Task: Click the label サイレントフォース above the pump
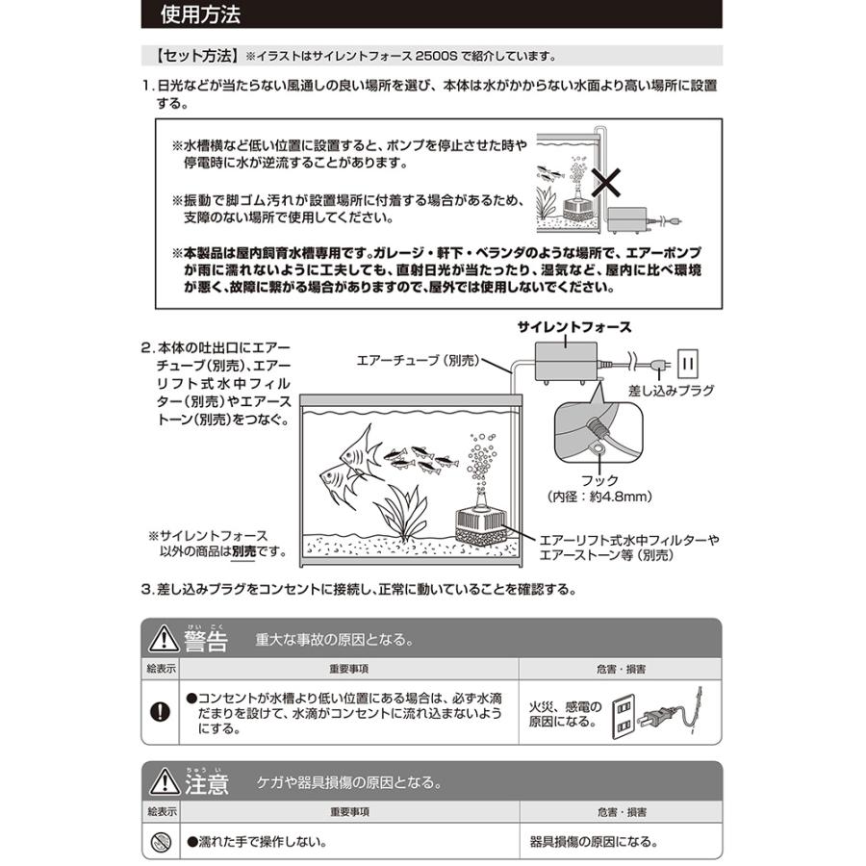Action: [x=574, y=327]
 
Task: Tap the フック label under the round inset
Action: [x=599, y=478]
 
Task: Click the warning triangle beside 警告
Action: [x=159, y=640]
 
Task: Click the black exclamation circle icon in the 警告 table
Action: [x=160, y=712]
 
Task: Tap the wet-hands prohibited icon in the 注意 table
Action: [x=160, y=842]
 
